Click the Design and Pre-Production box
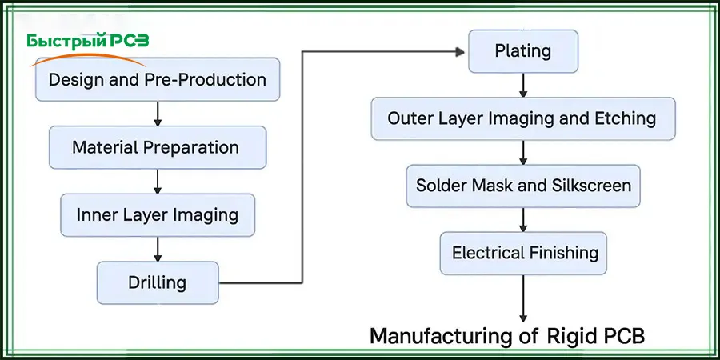(157, 79)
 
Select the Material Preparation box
(157, 147)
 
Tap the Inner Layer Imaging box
(157, 214)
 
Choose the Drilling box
(157, 282)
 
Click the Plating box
(522, 51)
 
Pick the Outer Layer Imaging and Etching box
(522, 118)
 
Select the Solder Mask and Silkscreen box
(522, 186)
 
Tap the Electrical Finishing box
(522, 254)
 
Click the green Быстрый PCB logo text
(88, 42)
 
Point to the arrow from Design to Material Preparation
(158, 113)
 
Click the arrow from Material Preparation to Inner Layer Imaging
(158, 181)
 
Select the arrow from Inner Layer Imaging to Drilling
(158, 248)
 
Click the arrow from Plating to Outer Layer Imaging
(523, 85)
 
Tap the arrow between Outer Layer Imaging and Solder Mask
(523, 152)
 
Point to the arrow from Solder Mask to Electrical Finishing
(523, 219)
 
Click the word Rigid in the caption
(573, 337)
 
